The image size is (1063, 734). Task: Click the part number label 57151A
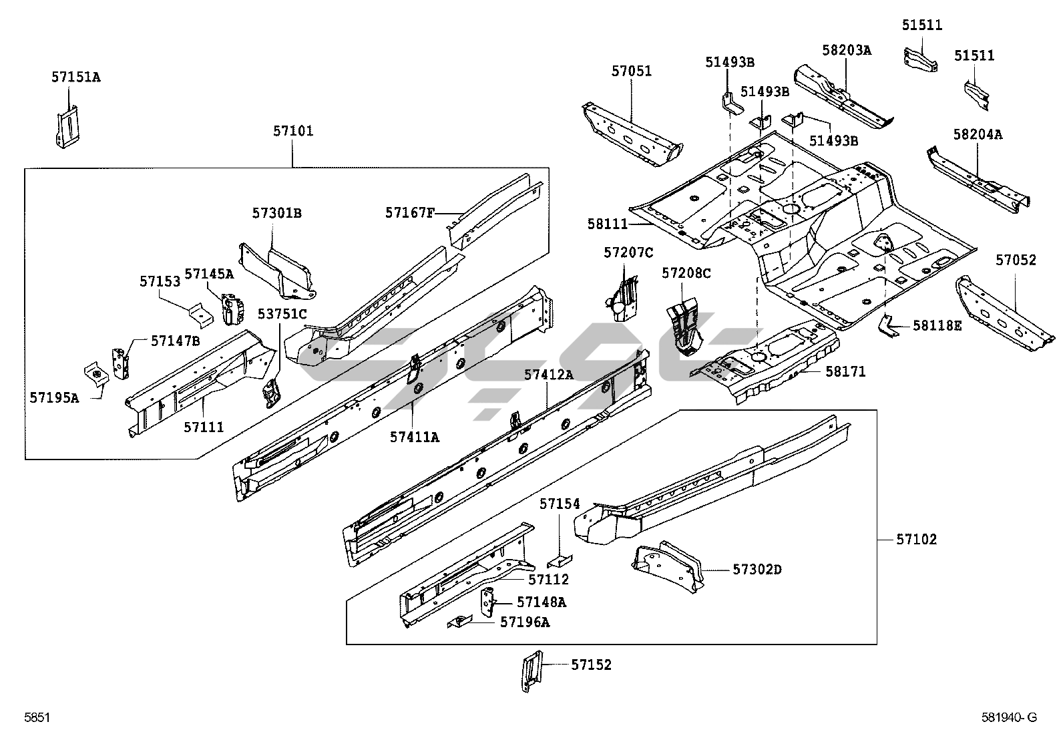click(x=76, y=77)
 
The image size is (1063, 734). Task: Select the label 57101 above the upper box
click(x=293, y=130)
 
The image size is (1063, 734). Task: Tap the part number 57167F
click(x=409, y=212)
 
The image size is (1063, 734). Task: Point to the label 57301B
click(x=276, y=213)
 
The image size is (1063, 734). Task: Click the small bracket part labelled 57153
click(x=201, y=315)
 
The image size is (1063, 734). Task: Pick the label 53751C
click(x=282, y=315)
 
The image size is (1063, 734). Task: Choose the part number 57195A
click(x=54, y=398)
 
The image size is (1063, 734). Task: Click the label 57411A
click(x=414, y=437)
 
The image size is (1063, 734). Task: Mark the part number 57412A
click(x=549, y=375)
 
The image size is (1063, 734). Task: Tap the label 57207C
click(x=628, y=252)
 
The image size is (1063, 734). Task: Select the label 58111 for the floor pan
click(x=608, y=224)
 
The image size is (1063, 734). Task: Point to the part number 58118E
click(x=937, y=326)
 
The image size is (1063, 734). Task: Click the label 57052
click(x=1016, y=260)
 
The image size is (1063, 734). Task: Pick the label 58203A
click(x=847, y=50)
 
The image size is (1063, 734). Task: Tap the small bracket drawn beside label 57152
click(x=531, y=671)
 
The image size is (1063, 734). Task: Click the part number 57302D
click(x=757, y=569)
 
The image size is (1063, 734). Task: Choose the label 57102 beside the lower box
click(x=916, y=540)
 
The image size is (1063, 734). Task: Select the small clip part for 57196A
click(x=460, y=622)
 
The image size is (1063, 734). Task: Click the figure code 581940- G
click(x=1010, y=717)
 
